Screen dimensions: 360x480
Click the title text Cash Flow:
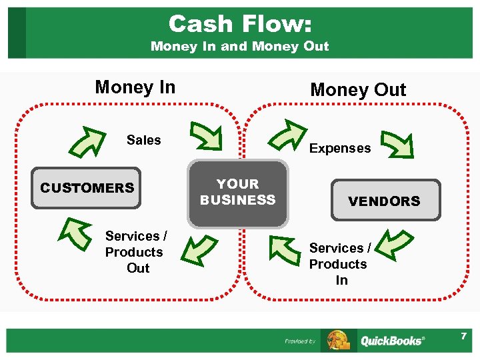pos(239,24)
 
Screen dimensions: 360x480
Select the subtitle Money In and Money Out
pos(239,47)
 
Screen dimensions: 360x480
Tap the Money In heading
pos(135,87)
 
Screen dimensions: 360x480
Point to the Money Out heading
pos(358,90)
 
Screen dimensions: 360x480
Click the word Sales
pos(144,140)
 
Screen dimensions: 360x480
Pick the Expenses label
pos(340,149)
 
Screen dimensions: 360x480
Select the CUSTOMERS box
pos(87,188)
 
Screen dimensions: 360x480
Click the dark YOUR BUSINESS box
pos(238,193)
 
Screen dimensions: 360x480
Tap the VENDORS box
pos(385,200)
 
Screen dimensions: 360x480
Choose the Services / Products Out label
pos(136,252)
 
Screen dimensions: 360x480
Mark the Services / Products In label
pos(339,264)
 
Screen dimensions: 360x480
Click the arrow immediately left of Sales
pos(89,138)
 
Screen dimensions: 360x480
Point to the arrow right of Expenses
pos(394,143)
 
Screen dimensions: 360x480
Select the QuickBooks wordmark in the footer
pos(391,341)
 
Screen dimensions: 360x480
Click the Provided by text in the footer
pos(300,341)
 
